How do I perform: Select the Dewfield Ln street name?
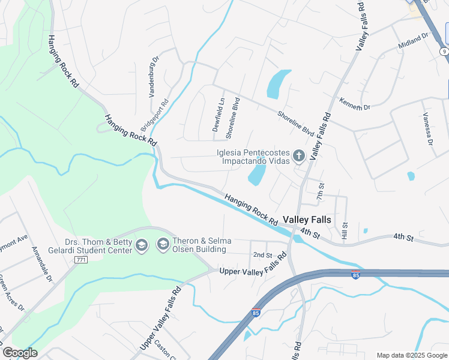click(x=220, y=114)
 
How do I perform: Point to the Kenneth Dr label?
click(x=355, y=104)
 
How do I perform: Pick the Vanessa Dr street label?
click(x=427, y=129)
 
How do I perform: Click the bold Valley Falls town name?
click(x=306, y=220)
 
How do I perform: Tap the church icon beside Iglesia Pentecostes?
click(x=299, y=157)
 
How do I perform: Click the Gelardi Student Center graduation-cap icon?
click(x=141, y=245)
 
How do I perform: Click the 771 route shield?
click(x=81, y=260)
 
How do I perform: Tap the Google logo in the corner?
click(x=19, y=352)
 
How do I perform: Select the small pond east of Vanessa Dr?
click(x=411, y=176)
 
